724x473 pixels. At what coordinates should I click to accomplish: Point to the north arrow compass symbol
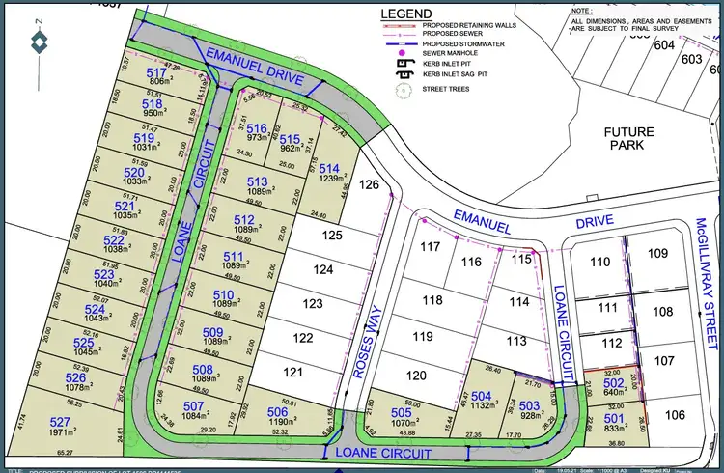(38, 42)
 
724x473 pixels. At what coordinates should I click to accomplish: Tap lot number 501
(614, 417)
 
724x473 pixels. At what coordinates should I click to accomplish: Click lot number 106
(673, 414)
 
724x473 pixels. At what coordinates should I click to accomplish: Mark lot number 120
(416, 376)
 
